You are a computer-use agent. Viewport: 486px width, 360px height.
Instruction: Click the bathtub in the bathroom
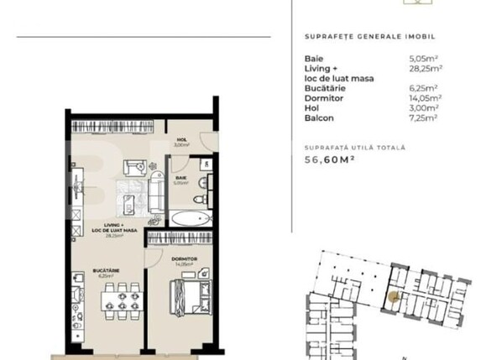pyautogui.click(x=192, y=218)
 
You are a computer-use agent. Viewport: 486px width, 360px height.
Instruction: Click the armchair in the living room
pyautogui.click(x=134, y=166)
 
